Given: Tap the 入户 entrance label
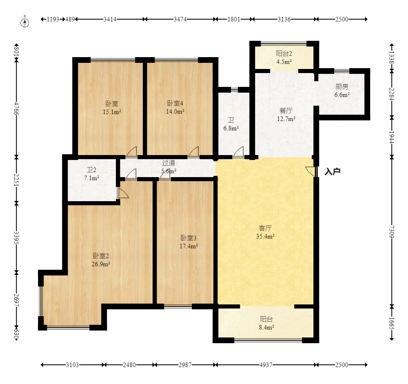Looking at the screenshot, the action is point(333,171).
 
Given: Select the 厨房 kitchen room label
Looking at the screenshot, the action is point(341,87).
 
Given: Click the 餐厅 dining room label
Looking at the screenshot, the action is point(286,111).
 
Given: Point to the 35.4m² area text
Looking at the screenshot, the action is point(265,236).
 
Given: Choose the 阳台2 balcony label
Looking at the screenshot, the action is point(284,53).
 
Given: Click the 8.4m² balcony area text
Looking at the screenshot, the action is point(266,327).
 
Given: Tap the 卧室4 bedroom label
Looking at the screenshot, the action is point(175,103).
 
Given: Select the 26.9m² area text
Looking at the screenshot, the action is point(101,264).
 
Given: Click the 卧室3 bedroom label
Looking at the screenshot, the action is point(188,238).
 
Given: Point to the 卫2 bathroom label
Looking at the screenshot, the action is point(91,170).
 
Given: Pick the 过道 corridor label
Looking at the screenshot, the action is point(169,163).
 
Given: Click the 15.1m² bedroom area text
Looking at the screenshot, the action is point(112,112).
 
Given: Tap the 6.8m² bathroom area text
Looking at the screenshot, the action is point(231,128).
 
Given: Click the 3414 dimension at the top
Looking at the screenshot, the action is point(110,19).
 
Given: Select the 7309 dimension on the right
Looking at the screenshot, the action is point(392,232).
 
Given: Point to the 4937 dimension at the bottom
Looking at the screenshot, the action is point(266,365).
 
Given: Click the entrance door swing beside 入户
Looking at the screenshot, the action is point(310,171).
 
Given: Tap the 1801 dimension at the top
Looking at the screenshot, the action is point(234,19).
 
